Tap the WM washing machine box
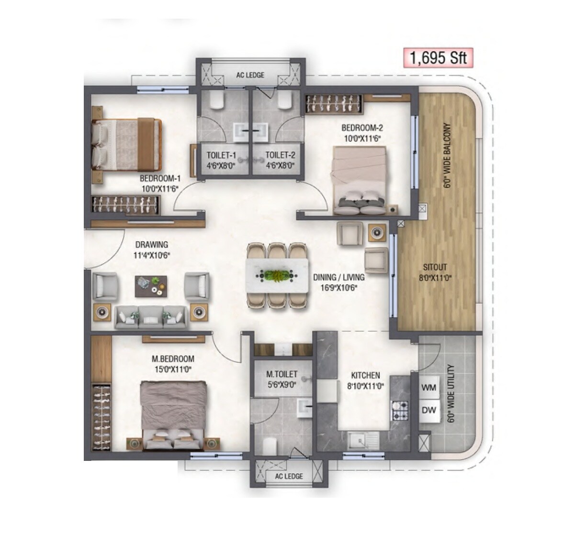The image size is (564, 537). pyautogui.click(x=429, y=388)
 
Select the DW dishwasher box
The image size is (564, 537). pyautogui.click(x=429, y=410)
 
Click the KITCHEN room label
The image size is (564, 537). pyautogui.click(x=365, y=376)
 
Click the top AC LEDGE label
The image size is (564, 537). pyautogui.click(x=250, y=75)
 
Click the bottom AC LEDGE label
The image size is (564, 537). pyautogui.click(x=289, y=476)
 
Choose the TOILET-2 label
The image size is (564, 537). pyautogui.click(x=280, y=155)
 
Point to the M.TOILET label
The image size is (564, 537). pyautogui.click(x=282, y=373)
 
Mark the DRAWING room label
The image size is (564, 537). pyautogui.click(x=151, y=245)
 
